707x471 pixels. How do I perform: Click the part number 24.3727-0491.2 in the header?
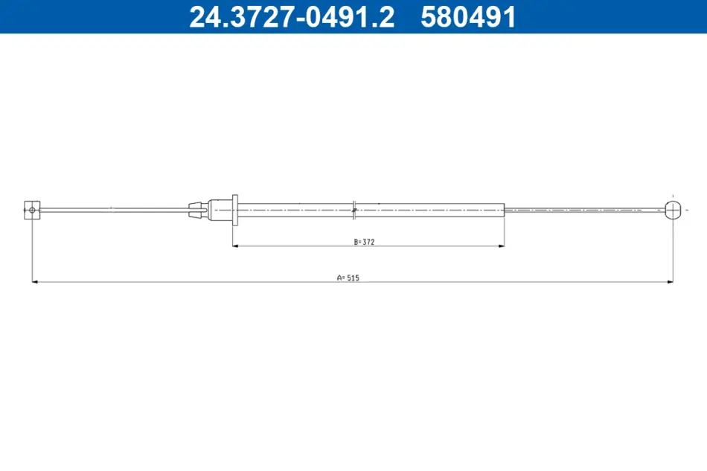point(292,17)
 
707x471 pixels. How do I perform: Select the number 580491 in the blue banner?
point(468,17)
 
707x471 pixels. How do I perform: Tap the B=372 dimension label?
point(365,242)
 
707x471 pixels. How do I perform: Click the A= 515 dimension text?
point(348,278)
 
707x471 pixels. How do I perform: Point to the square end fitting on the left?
point(32,210)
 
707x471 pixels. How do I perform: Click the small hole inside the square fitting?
point(32,210)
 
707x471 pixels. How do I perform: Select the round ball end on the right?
point(673,210)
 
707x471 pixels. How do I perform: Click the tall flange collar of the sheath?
point(235,210)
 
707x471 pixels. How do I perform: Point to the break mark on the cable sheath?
point(354,210)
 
